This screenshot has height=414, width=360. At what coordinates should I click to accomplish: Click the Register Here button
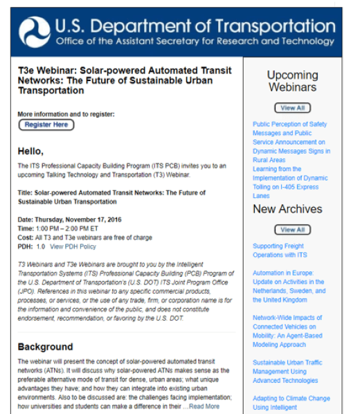pyautogui.click(x=46, y=125)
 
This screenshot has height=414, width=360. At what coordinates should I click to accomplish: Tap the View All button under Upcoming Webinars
pyautogui.click(x=292, y=108)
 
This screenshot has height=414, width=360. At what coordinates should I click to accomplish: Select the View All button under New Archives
pyautogui.click(x=292, y=229)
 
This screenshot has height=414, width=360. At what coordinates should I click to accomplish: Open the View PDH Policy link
pyautogui.click(x=73, y=246)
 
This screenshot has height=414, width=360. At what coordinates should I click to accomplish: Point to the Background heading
pyautogui.click(x=45, y=347)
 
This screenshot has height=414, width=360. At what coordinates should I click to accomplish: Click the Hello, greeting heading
pyautogui.click(x=30, y=151)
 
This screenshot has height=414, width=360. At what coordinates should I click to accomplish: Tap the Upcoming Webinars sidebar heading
pyautogui.click(x=292, y=81)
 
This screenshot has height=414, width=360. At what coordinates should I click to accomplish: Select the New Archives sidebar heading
pyautogui.click(x=287, y=209)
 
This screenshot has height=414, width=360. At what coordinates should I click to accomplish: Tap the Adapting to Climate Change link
pyautogui.click(x=291, y=398)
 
